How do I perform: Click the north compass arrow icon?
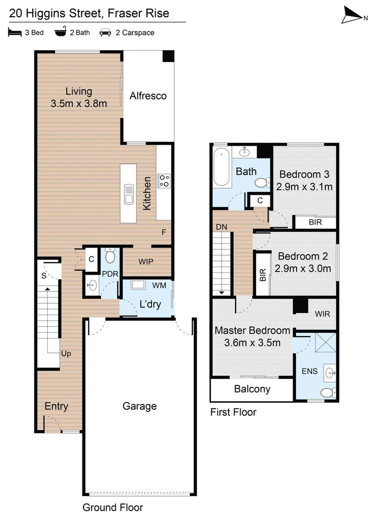click(352, 15)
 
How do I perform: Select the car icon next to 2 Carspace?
click(105, 33)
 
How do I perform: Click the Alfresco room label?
click(148, 96)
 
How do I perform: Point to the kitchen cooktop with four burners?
click(163, 181)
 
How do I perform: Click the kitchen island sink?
click(130, 193)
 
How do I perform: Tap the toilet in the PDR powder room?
click(110, 256)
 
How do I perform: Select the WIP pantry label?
click(146, 261)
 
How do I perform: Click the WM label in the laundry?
click(159, 285)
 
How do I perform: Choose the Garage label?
click(139, 406)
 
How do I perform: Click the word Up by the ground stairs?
click(66, 353)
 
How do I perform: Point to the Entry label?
click(56, 406)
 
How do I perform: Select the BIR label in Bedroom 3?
click(315, 222)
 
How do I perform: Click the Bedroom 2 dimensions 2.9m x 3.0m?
click(303, 268)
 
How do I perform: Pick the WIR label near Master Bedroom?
click(322, 313)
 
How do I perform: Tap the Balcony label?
click(252, 389)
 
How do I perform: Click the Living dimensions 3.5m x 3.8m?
click(79, 103)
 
